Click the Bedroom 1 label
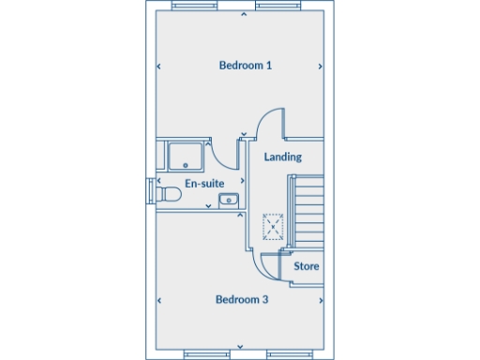(x=245, y=66)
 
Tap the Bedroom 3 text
(x=242, y=300)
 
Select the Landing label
(x=282, y=157)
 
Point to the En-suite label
(x=202, y=183)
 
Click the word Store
(x=307, y=267)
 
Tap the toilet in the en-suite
(x=168, y=194)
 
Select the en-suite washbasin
(x=228, y=199)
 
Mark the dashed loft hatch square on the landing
(x=272, y=226)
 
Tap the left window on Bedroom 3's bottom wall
(x=207, y=354)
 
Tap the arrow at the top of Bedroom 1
(x=244, y=15)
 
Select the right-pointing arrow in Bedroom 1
(x=322, y=67)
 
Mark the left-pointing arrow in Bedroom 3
(x=158, y=301)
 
